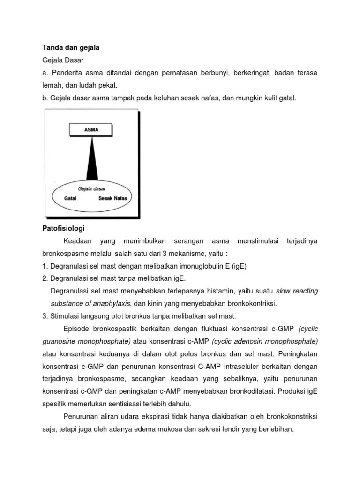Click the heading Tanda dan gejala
[x=71, y=47]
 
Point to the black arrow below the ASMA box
[x=92, y=159]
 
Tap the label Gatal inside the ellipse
[x=71, y=199]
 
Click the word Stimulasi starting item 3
[x=67, y=316]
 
